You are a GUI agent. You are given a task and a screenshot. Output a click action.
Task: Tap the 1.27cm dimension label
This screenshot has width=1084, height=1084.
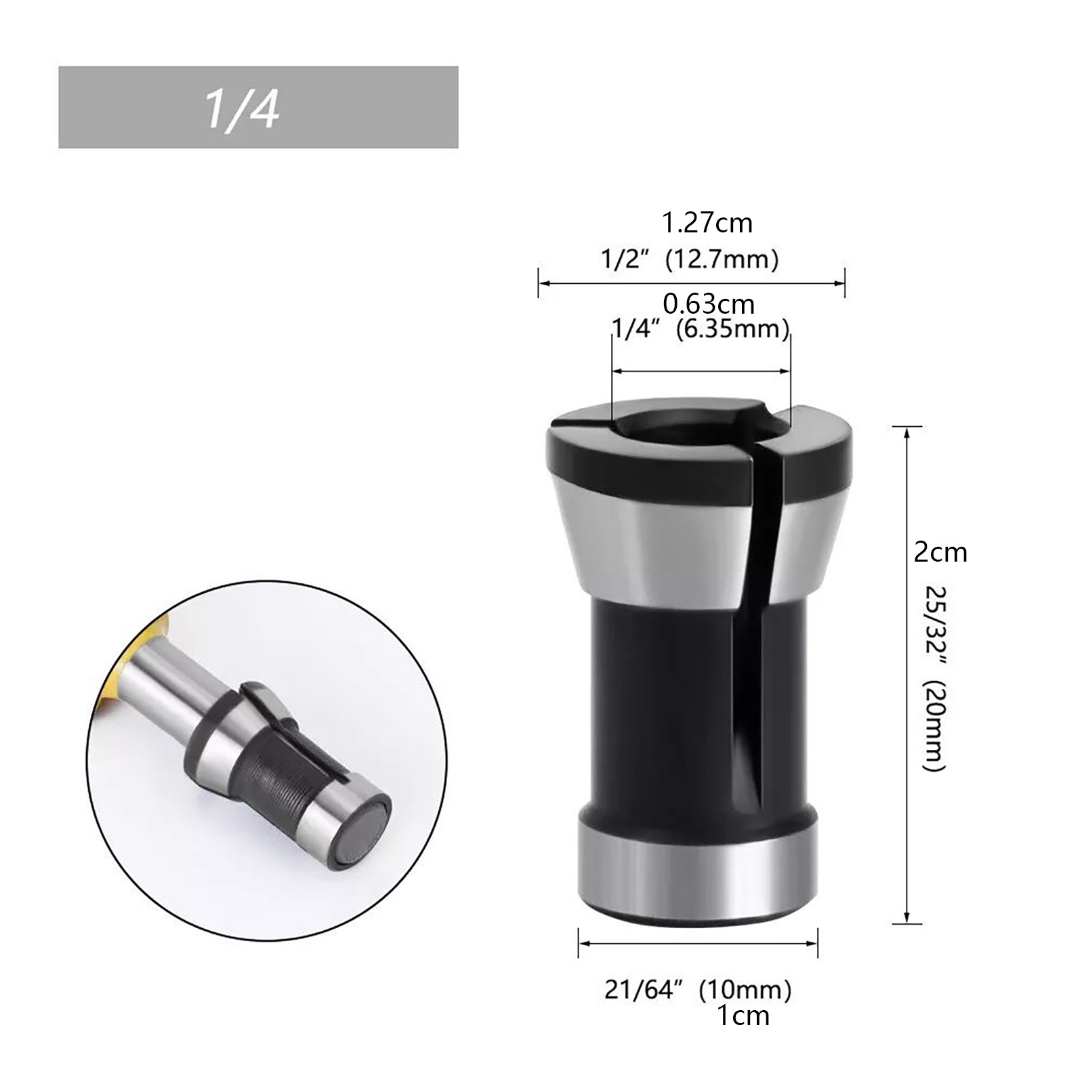click(x=707, y=223)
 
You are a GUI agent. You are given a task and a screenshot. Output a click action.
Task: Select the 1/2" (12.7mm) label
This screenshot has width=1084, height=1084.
click(x=690, y=259)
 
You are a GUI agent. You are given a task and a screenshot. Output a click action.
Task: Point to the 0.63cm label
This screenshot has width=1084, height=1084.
click(x=709, y=304)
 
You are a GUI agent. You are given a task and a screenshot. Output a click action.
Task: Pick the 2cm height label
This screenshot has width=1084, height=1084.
click(x=940, y=553)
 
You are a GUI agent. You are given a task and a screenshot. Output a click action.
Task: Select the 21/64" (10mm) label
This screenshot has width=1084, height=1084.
click(x=698, y=990)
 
